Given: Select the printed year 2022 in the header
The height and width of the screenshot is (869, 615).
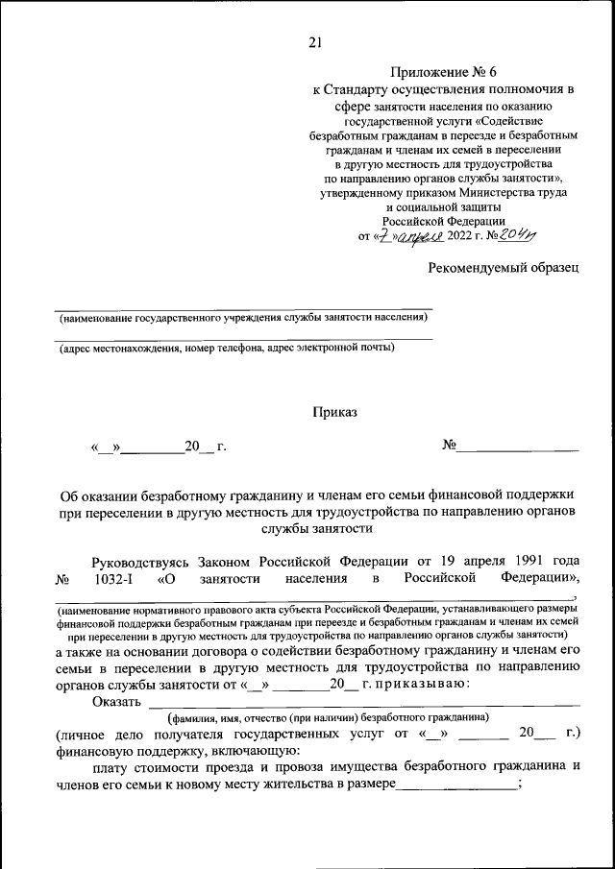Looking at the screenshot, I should point(466,236).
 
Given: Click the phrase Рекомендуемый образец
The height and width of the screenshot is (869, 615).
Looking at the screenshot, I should point(504,268).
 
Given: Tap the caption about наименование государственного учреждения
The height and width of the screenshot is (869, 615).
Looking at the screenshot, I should point(242,318).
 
